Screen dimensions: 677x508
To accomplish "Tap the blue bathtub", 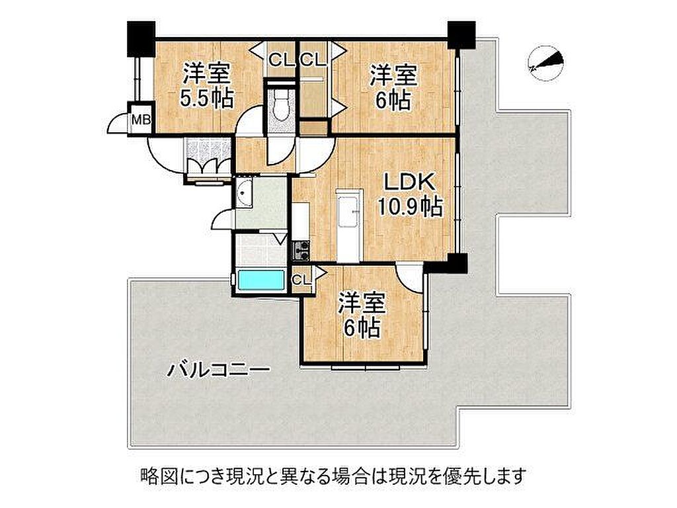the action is [261, 280].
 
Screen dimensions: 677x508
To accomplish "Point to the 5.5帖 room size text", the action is [207, 99].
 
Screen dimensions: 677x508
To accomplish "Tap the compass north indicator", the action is [546, 63].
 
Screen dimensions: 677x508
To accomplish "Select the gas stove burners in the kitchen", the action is [301, 250].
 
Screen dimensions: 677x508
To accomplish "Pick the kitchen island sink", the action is [348, 211].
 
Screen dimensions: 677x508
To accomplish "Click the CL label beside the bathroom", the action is [301, 280].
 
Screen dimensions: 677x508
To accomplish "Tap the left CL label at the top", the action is [282, 60].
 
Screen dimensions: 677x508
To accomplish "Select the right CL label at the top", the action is [313, 60].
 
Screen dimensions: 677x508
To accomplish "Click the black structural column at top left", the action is [141, 39].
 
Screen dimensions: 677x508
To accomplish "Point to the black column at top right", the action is [461, 35].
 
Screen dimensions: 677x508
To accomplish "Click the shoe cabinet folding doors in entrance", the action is [208, 166].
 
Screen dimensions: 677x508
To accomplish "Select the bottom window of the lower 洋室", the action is [366, 368].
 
